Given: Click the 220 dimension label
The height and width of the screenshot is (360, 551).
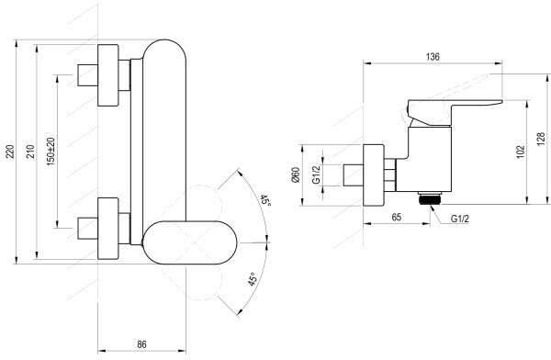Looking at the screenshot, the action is (x=11, y=152).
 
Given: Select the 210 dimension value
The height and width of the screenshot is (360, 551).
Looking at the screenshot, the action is (x=31, y=152).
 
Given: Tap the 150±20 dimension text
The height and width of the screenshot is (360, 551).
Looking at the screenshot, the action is (x=51, y=152).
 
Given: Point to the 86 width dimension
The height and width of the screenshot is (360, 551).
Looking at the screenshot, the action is (x=141, y=344).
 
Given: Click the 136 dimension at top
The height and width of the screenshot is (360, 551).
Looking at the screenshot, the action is (x=433, y=57).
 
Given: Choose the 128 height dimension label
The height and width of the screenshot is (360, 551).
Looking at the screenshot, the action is (x=541, y=139).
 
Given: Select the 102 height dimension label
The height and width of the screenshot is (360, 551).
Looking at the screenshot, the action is (x=521, y=152).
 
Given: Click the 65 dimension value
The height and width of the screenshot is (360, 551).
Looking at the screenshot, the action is (x=397, y=217).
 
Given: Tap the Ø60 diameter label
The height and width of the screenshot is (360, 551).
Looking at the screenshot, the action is (x=296, y=174).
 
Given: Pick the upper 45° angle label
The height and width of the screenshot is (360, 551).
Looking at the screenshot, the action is (x=265, y=201).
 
